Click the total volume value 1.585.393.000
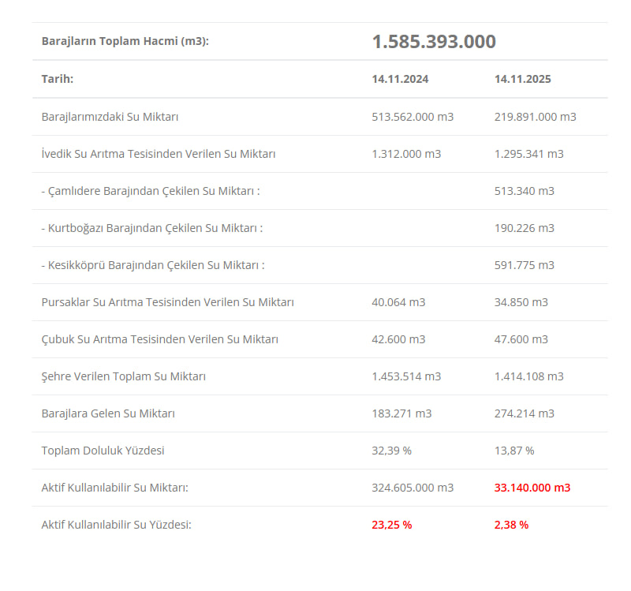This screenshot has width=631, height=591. click(x=434, y=42)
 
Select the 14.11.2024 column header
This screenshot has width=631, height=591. click(x=401, y=79)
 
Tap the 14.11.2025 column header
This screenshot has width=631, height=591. click(x=523, y=79)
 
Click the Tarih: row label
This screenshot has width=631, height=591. click(x=58, y=79)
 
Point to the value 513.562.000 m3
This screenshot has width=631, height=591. click(x=413, y=117)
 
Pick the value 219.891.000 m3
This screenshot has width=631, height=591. click(x=535, y=117)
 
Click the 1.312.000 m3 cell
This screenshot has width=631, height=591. click(x=406, y=154)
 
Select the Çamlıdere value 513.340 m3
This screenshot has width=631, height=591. click(x=524, y=191)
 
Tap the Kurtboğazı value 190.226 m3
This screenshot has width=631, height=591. click(x=524, y=228)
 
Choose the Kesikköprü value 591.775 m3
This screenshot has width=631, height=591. click(x=524, y=265)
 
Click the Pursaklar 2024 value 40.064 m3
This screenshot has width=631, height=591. click(x=398, y=302)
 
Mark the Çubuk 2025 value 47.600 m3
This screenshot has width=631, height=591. click(x=521, y=339)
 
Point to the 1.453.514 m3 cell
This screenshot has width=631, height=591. click(x=406, y=376)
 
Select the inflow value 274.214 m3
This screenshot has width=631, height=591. click(x=524, y=413)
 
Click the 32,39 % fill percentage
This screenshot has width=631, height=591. click(x=391, y=451)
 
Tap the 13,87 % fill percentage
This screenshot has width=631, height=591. click(x=514, y=451)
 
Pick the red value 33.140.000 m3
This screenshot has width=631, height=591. click(x=532, y=488)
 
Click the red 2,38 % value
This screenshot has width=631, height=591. click(x=511, y=525)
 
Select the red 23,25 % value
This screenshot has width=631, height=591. click(x=391, y=525)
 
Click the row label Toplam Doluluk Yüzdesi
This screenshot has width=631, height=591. click(x=103, y=451)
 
